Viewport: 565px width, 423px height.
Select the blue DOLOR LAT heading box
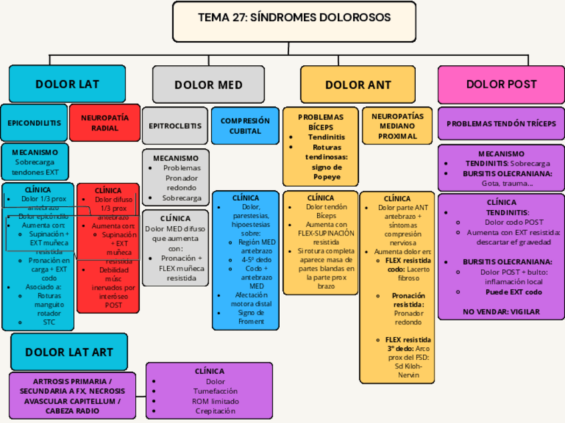tap(67, 84)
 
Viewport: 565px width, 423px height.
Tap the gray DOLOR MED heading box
tap(209, 84)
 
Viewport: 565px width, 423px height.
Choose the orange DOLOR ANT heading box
tap(358, 84)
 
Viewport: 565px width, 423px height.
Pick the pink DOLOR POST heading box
tap(501, 84)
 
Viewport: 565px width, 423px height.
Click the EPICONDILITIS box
tap(34, 123)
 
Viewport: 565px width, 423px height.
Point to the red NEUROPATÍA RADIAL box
tap(105, 123)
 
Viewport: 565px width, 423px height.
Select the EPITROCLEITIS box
tap(175, 125)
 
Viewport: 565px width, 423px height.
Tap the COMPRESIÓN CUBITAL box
tap(245, 126)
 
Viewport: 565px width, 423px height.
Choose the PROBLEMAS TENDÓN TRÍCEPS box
tap(501, 124)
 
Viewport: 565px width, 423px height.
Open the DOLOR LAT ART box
tap(69, 352)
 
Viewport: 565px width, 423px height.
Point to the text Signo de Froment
tap(247, 317)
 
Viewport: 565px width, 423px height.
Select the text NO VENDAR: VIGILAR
tap(501, 311)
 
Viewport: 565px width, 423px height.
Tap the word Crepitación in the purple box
tap(215, 411)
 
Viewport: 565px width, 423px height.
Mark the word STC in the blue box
tap(49, 323)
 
